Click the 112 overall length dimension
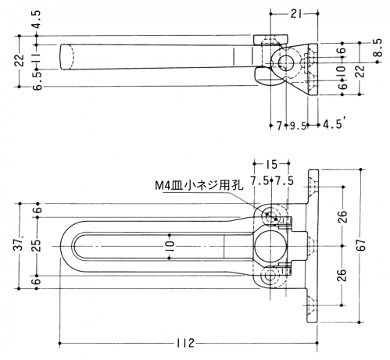tap(185, 343)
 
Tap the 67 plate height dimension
tap(361, 244)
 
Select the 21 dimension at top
tap(295, 13)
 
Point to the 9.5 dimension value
tap(298, 127)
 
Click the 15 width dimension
tap(271, 164)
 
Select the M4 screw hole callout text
tap(199, 186)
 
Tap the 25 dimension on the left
tap(37, 245)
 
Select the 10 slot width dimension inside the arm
tap(169, 246)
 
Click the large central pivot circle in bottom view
tap(270, 246)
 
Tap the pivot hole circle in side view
tap(286, 62)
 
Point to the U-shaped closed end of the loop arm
tap(64, 246)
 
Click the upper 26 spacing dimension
tap(344, 216)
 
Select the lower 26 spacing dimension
tap(344, 275)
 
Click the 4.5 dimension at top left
tap(37, 20)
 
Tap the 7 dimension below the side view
tap(279, 127)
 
